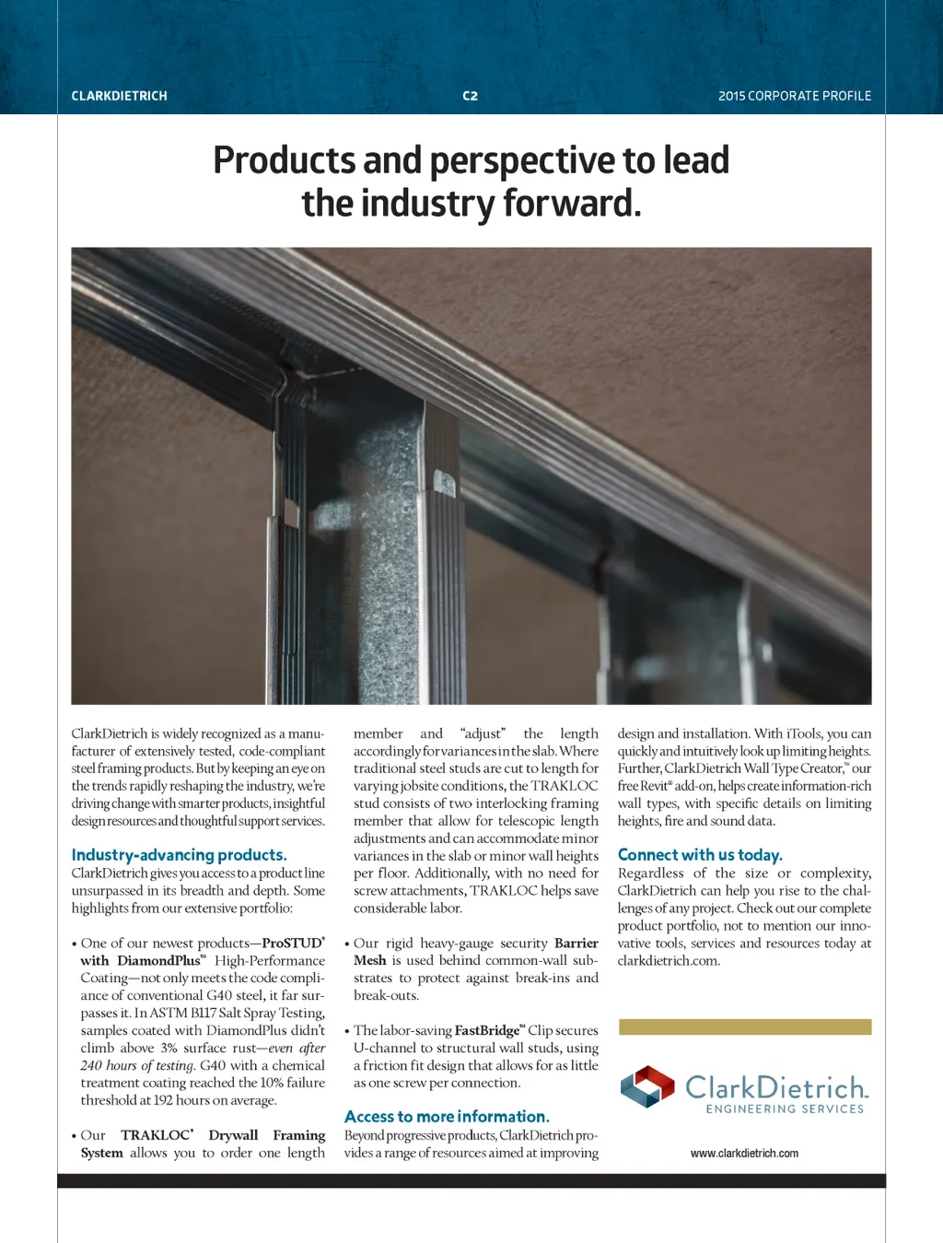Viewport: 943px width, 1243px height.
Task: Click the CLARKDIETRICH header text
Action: tap(119, 96)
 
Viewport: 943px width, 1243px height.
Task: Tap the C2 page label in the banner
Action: tap(470, 96)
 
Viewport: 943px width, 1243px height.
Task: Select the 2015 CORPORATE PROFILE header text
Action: tap(795, 96)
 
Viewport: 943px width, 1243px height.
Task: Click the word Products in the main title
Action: tap(284, 160)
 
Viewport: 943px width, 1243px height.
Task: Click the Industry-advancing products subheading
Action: tap(179, 855)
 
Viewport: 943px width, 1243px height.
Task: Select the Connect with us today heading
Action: tap(700, 855)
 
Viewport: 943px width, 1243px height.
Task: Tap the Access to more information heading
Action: tap(447, 1117)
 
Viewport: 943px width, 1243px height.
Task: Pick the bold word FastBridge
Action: tap(487, 1031)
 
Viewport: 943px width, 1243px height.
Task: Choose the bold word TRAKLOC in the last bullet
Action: tap(155, 1135)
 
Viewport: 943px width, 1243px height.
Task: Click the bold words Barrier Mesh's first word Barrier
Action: tap(576, 944)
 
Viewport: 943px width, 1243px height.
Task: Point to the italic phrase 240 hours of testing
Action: tap(137, 1066)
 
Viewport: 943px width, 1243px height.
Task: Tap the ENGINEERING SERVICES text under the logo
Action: tap(785, 1109)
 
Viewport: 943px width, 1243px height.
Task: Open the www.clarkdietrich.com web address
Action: tap(744, 1154)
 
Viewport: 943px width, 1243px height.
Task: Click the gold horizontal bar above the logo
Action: tap(745, 1026)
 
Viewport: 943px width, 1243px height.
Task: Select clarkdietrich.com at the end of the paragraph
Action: tap(669, 961)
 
